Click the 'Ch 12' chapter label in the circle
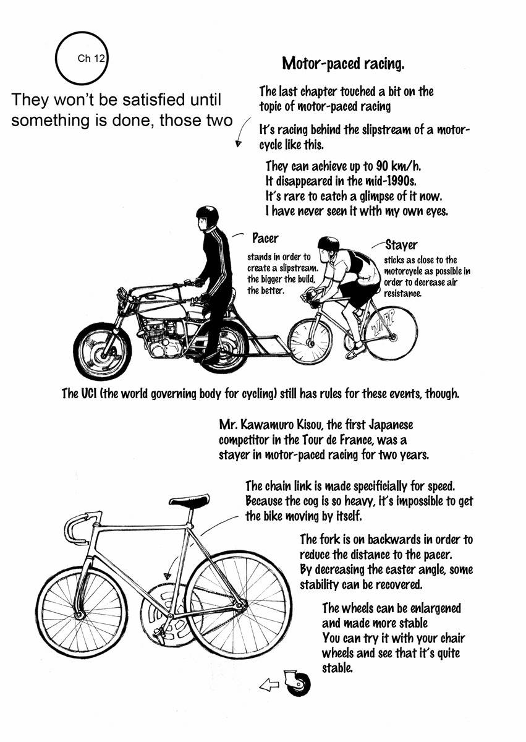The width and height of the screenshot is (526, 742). [x=91, y=58]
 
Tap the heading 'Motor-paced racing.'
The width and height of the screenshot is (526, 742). [x=343, y=63]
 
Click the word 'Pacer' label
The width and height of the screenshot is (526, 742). [x=265, y=238]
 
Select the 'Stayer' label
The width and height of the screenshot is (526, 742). [x=401, y=245]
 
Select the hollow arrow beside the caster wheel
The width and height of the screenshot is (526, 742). [x=269, y=684]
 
